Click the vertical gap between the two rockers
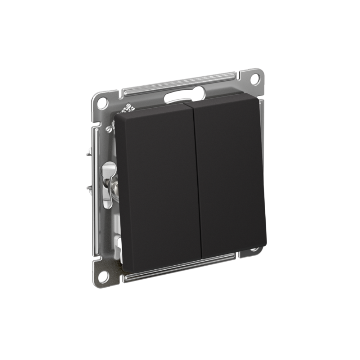[x=198, y=180]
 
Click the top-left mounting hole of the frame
[x=102, y=102]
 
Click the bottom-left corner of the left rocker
[x=125, y=268]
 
